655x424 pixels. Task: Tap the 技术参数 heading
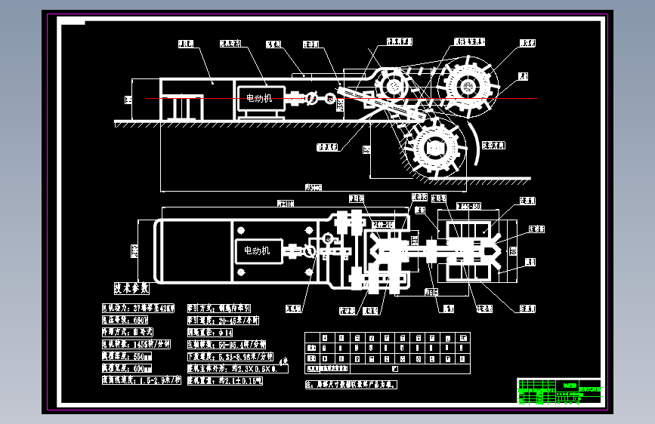(x=131, y=288)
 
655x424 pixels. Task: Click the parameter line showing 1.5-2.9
(x=141, y=381)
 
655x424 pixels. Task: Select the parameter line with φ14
(x=215, y=332)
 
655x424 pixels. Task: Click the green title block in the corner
(x=560, y=392)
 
